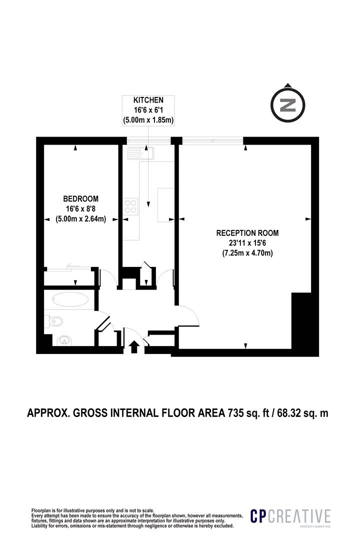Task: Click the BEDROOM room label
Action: [x=80, y=198]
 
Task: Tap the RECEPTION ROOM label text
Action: [x=247, y=233]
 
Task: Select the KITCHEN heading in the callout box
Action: [x=148, y=100]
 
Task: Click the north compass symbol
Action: [x=287, y=104]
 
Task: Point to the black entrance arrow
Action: [x=134, y=346]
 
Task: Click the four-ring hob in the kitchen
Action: [x=131, y=206]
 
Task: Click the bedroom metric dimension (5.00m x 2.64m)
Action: [x=80, y=218]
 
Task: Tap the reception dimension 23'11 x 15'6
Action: [x=247, y=243]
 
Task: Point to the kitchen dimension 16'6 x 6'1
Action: [x=148, y=110]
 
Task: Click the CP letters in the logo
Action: [x=258, y=516]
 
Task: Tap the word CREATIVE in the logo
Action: [x=299, y=516]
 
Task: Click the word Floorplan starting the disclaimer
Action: [x=40, y=510]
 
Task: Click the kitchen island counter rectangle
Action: [x=165, y=204]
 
